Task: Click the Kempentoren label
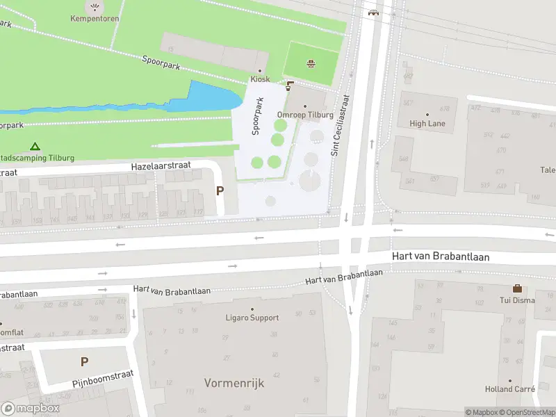coord(95,19)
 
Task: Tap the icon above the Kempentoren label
coord(95,7)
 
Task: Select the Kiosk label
coord(260,79)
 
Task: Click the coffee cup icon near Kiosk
coord(290,85)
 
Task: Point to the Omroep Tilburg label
coord(305,115)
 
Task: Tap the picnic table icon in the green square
coord(311,64)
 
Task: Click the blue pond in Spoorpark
coord(208,97)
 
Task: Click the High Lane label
coord(427,124)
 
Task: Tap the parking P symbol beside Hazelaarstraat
coord(220,191)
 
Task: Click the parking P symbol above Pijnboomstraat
coord(84,361)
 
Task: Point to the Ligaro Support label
coord(252,318)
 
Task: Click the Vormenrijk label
coord(234,383)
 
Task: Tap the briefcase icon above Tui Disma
coord(517,288)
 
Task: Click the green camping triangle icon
coord(35,147)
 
